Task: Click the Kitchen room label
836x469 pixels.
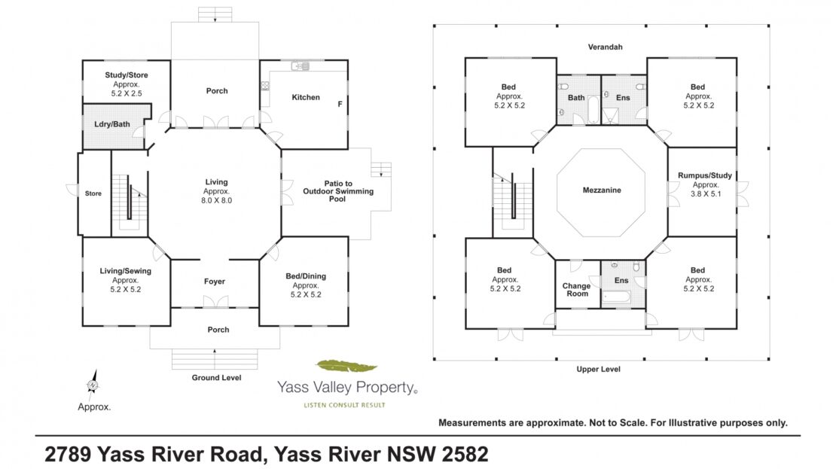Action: pyautogui.click(x=306, y=97)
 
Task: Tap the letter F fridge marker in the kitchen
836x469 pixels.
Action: pyautogui.click(x=340, y=104)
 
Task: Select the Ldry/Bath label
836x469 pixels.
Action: pyautogui.click(x=112, y=124)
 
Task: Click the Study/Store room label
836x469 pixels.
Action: pyautogui.click(x=127, y=75)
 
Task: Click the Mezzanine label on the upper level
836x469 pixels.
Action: pyautogui.click(x=602, y=190)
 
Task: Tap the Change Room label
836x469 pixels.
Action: pyautogui.click(x=577, y=289)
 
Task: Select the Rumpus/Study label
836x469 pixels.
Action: pyautogui.click(x=705, y=175)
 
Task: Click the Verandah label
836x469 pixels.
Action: pyautogui.click(x=605, y=47)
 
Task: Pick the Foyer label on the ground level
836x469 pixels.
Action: pyautogui.click(x=215, y=282)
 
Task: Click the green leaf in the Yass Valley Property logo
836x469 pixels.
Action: pyautogui.click(x=346, y=366)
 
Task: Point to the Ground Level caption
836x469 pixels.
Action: pyautogui.click(x=216, y=377)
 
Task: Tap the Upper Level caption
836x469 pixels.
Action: pyautogui.click(x=598, y=369)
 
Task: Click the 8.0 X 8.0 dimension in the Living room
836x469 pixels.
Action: pyautogui.click(x=216, y=200)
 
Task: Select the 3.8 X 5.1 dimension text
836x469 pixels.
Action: pyautogui.click(x=706, y=194)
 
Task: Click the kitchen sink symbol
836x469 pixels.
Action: pyautogui.click(x=301, y=66)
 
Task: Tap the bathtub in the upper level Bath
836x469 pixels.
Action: pyautogui.click(x=593, y=108)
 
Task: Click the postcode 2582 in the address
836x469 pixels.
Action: pyautogui.click(x=465, y=454)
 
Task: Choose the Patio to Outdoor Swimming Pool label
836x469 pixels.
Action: pyautogui.click(x=338, y=190)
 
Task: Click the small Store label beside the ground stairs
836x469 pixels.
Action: pyautogui.click(x=93, y=193)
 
